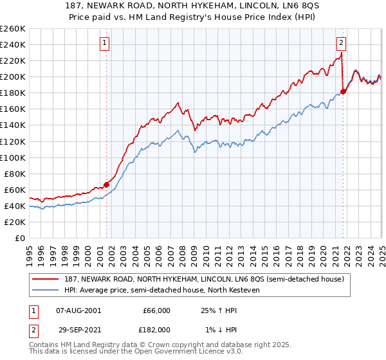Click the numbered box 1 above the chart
pos(104,44)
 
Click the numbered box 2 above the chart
pos(340,44)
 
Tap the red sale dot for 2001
pos(107,184)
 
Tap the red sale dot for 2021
pos(344,91)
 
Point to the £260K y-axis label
pos(13,29)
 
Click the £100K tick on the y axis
pos(13,157)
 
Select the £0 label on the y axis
pos(19,238)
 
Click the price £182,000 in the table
pos(156,329)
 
